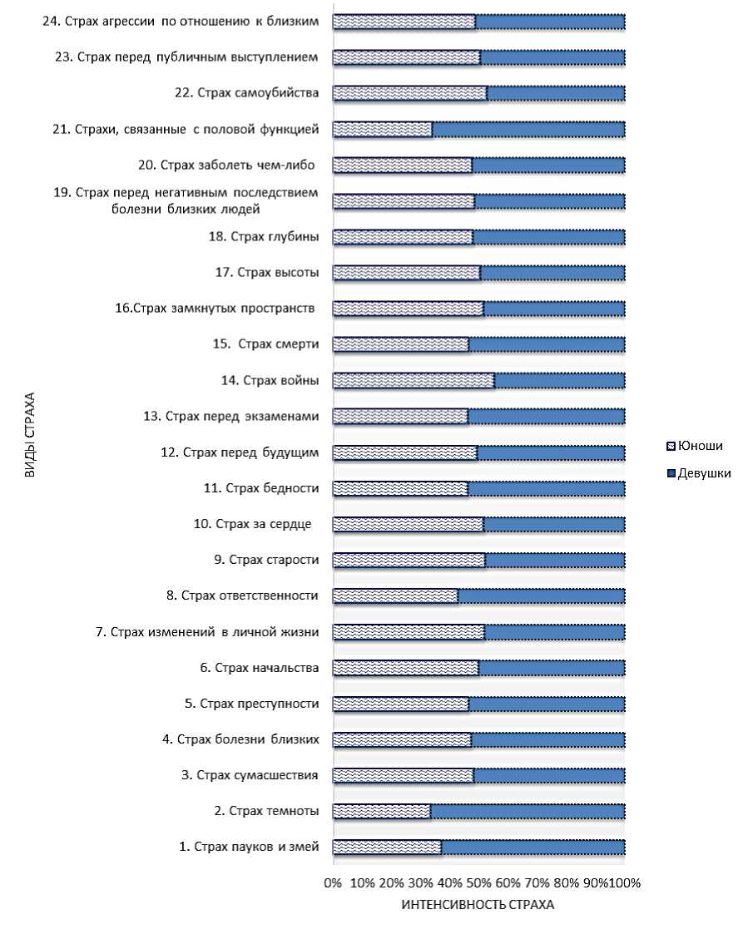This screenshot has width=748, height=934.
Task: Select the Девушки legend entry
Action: point(699,473)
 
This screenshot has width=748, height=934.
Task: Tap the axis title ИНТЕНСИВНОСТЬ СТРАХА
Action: point(478,905)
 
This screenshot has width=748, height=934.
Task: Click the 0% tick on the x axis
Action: point(333,882)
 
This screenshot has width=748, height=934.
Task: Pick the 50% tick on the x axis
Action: point(478,882)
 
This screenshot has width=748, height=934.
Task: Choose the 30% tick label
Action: point(420,882)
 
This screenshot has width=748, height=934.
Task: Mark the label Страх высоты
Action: point(267,272)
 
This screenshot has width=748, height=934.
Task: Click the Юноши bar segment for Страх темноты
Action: point(382,811)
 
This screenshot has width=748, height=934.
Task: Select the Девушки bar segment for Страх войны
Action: point(559,380)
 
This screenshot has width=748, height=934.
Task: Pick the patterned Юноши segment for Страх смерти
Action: point(400,344)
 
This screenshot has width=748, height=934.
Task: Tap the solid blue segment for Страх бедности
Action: point(546,488)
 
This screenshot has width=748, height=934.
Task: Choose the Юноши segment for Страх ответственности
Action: point(395,595)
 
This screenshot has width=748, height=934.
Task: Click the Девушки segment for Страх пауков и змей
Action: point(533,847)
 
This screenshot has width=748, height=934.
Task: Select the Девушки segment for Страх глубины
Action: point(548,237)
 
